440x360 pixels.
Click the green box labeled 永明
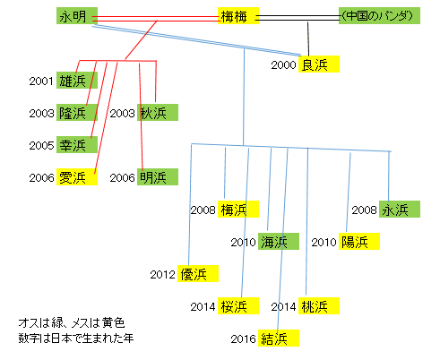pos(77,16)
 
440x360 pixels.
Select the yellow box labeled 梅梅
pos(238,16)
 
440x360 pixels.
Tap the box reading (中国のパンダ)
pos(379,16)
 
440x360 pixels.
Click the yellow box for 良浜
pos(319,64)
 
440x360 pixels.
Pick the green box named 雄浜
pos(77,80)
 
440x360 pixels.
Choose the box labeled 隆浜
pos(77,112)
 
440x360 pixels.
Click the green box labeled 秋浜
pos(158,112)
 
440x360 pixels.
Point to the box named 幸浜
pos(77,144)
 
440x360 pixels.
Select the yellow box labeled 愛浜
pos(77,176)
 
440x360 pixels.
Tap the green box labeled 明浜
pos(158,176)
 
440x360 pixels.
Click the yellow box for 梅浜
pos(238,209)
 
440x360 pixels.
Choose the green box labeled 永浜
pos(400,209)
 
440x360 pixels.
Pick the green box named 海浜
pos(279,241)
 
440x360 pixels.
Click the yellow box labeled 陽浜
pos(359,241)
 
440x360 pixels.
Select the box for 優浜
pos(198,273)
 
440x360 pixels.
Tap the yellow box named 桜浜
pos(238,305)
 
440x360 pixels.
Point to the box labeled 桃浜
pos(319,305)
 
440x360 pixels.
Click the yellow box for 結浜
pos(279,338)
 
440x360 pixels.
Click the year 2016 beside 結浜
pos(243,339)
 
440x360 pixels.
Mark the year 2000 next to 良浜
pos(283,64)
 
